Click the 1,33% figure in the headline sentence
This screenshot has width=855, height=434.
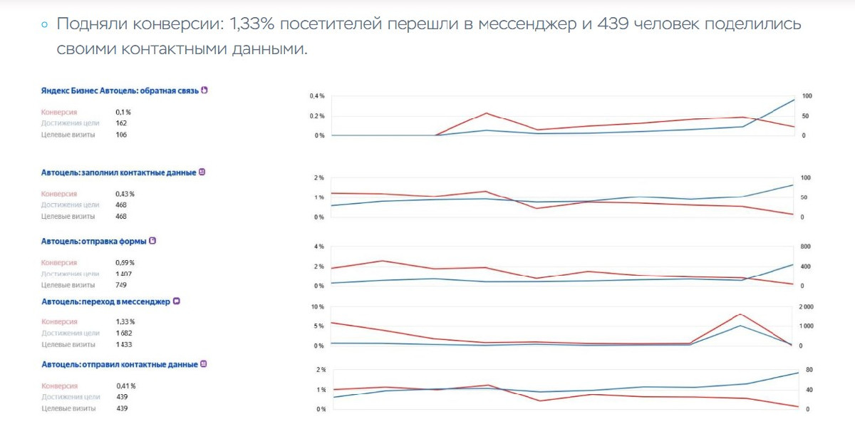click(x=252, y=24)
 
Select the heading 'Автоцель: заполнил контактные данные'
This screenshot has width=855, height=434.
click(x=118, y=172)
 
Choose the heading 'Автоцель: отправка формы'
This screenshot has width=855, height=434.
click(x=93, y=242)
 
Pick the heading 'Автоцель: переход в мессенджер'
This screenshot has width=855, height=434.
click(x=105, y=301)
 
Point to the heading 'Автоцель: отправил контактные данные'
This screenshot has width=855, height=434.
click(x=119, y=364)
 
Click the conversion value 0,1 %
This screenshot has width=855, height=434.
click(x=123, y=112)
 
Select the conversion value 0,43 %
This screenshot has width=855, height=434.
click(x=125, y=194)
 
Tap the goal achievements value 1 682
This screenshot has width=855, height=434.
click(x=125, y=333)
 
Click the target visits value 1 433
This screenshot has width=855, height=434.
click(x=125, y=344)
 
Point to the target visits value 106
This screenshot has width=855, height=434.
click(x=121, y=135)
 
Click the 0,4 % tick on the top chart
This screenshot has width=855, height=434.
click(x=317, y=96)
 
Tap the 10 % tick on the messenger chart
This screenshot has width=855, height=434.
click(x=317, y=307)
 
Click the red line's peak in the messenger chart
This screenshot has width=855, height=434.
click(x=741, y=314)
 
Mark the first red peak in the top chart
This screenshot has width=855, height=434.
click(x=485, y=113)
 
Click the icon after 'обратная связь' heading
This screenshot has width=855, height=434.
click(x=204, y=91)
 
